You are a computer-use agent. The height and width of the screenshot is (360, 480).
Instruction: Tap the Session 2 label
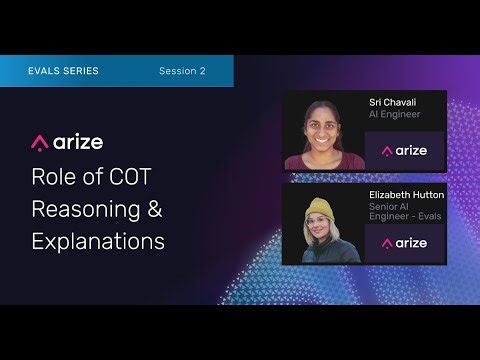(x=182, y=71)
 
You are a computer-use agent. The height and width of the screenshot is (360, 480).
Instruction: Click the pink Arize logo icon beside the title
(x=41, y=142)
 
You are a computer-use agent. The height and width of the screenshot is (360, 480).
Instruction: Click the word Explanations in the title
(x=98, y=242)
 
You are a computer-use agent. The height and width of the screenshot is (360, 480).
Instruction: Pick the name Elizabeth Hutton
(x=406, y=195)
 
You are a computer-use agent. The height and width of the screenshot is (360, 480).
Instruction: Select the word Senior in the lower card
(x=381, y=207)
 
